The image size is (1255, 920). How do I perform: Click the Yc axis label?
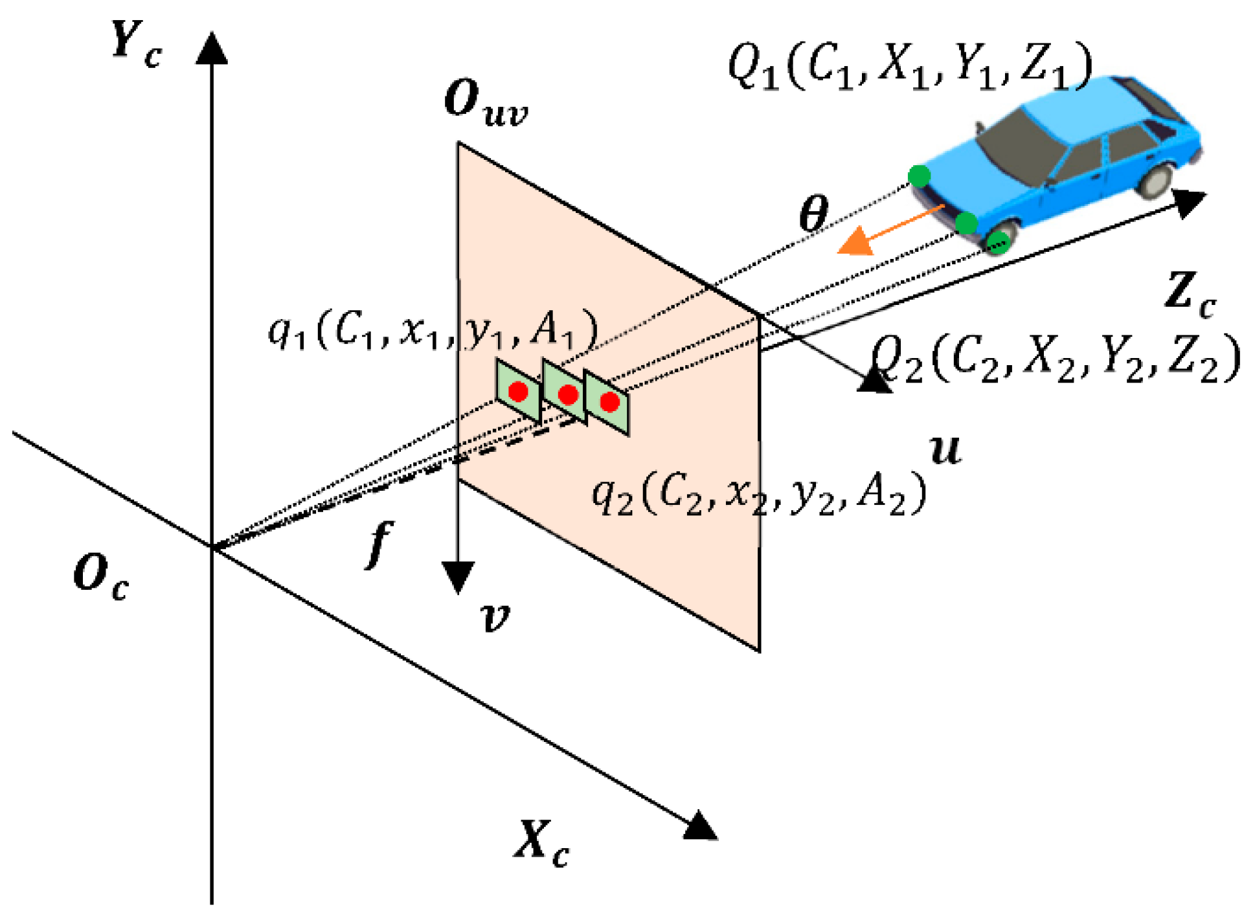tap(136, 44)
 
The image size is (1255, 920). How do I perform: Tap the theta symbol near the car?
tap(813, 214)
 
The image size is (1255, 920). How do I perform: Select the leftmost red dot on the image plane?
tap(518, 392)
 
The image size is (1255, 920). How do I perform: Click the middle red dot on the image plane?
tap(568, 394)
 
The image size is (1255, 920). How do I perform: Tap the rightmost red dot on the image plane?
tap(609, 402)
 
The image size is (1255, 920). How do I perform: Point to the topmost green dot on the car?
tap(919, 175)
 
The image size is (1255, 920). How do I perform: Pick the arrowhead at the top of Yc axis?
tap(212, 49)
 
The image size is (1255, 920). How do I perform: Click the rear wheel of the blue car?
tap(1155, 179)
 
